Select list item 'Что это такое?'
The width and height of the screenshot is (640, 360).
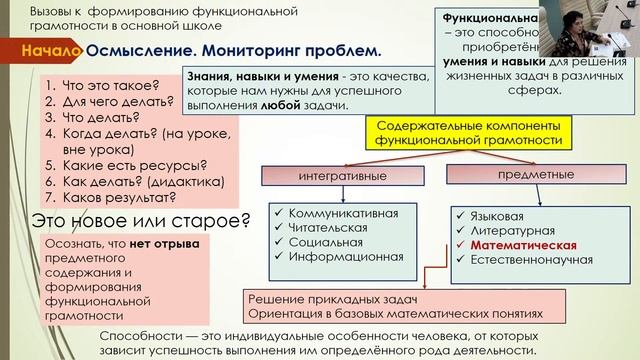(x=95, y=86)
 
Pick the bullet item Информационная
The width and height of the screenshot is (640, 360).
(x=345, y=256)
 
